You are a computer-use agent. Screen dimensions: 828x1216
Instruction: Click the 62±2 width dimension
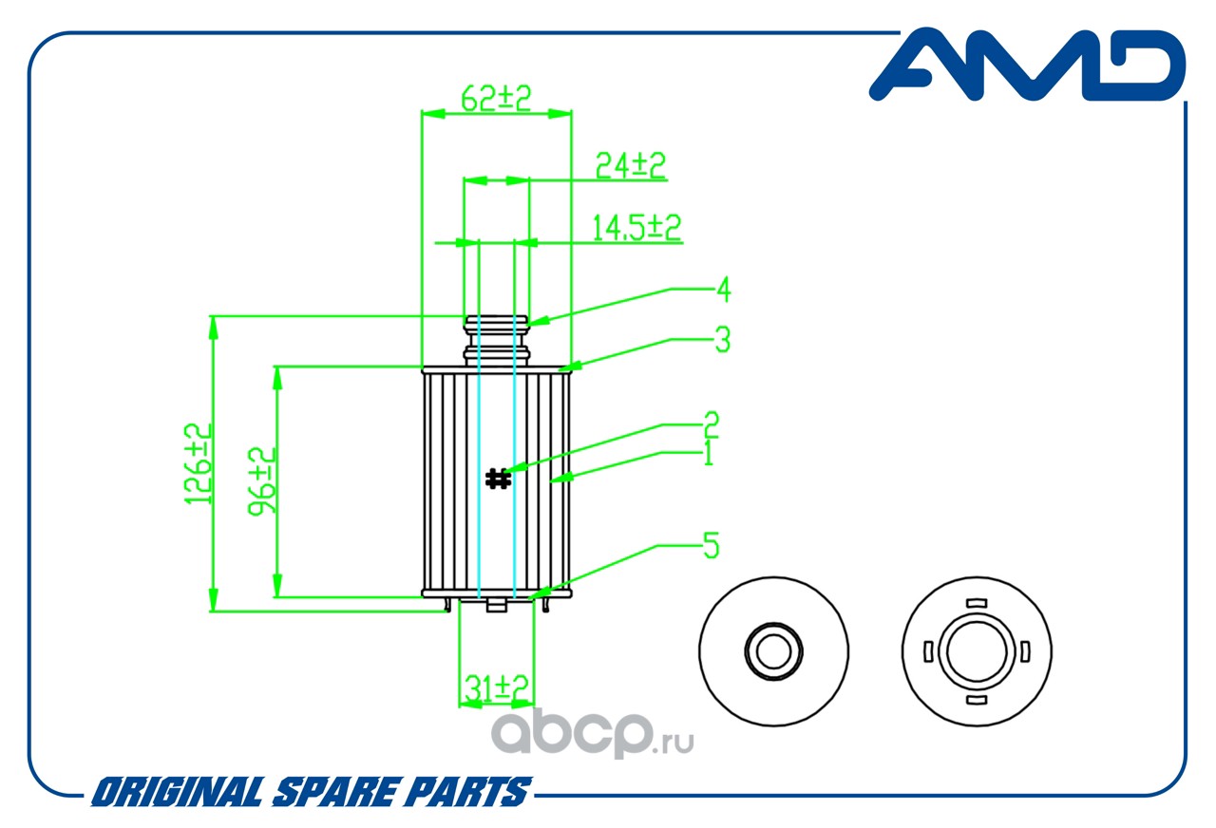495,97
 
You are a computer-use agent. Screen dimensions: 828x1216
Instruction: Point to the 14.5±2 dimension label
636,228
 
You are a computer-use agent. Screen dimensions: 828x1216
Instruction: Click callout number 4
723,290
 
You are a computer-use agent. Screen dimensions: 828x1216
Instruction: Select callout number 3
722,340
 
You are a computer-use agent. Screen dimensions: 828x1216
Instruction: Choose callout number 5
711,546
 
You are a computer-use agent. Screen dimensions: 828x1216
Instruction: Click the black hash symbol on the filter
497,479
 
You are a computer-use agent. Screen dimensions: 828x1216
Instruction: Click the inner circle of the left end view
771,651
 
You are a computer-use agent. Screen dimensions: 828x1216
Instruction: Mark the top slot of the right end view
976,602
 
